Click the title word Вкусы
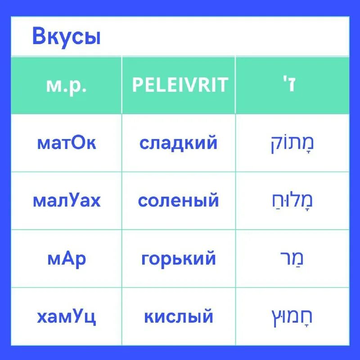(x=66, y=37)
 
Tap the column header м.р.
(x=66, y=85)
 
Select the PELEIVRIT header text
(x=180, y=85)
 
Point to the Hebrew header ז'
(x=292, y=85)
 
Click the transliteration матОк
(x=67, y=143)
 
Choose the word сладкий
(x=179, y=143)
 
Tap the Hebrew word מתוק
(x=292, y=144)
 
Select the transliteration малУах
(x=67, y=201)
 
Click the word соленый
(x=179, y=201)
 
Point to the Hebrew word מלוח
(x=292, y=201)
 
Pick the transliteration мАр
(x=67, y=259)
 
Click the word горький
(x=179, y=259)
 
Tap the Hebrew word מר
(x=292, y=259)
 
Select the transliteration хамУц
(x=67, y=317)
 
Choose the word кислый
(x=179, y=317)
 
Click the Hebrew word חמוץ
(x=292, y=317)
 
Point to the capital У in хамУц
(x=77, y=317)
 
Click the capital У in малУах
(x=73, y=201)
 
